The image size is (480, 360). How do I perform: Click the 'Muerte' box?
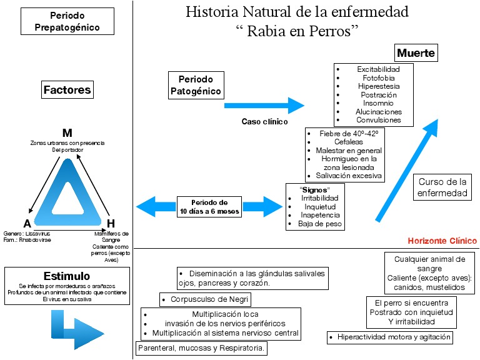[x=416, y=52]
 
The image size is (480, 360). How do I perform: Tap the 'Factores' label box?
[x=67, y=90]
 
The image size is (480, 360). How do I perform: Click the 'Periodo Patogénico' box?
[x=196, y=86]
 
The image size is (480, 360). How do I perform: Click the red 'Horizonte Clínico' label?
[x=442, y=241]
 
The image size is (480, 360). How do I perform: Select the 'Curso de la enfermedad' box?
[x=442, y=187]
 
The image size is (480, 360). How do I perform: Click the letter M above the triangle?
[x=67, y=133]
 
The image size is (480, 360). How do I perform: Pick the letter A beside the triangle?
[x=27, y=224]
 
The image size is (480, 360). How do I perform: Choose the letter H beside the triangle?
[x=111, y=224]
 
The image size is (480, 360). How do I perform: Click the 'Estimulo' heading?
[x=67, y=276]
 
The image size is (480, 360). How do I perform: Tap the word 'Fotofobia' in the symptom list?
[x=379, y=77]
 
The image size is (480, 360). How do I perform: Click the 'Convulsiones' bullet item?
[x=378, y=120]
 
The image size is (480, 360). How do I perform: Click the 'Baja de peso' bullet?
[x=321, y=224]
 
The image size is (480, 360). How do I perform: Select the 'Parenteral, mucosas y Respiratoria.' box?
[x=201, y=348]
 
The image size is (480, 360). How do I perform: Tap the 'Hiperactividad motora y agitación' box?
[x=389, y=337]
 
